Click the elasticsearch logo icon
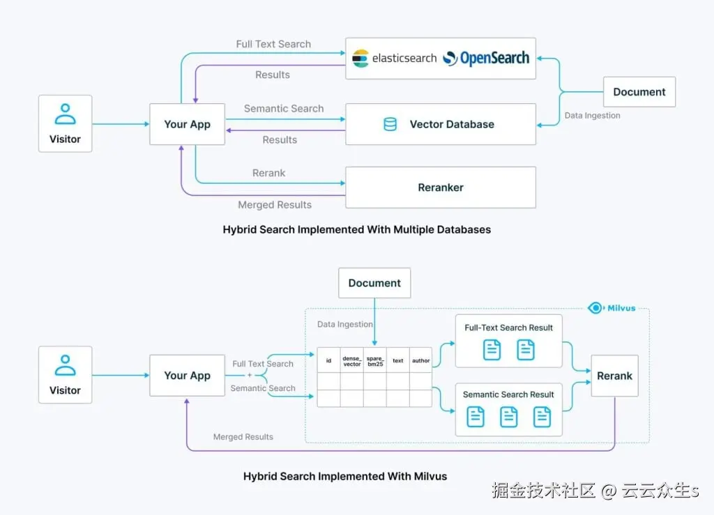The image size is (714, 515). (360, 59)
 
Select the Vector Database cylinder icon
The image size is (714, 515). (390, 125)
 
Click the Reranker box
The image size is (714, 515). (441, 187)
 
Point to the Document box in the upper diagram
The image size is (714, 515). (639, 92)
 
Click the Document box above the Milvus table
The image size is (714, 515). (374, 283)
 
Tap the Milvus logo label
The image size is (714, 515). (612, 308)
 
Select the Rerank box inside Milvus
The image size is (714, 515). (614, 376)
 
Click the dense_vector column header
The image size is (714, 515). (352, 361)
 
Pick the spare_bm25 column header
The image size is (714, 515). (375, 361)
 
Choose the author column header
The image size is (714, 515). (421, 361)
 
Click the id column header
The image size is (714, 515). (328, 361)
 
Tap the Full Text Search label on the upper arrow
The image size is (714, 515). (273, 44)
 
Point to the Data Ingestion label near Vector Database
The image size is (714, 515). (592, 116)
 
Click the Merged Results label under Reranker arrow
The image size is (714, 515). (275, 205)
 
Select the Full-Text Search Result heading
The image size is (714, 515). (509, 328)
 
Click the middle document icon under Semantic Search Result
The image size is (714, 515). (509, 417)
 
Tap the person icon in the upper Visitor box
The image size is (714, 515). (65, 114)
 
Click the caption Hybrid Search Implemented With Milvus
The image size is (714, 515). (345, 477)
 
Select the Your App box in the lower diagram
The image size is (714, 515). (187, 376)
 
